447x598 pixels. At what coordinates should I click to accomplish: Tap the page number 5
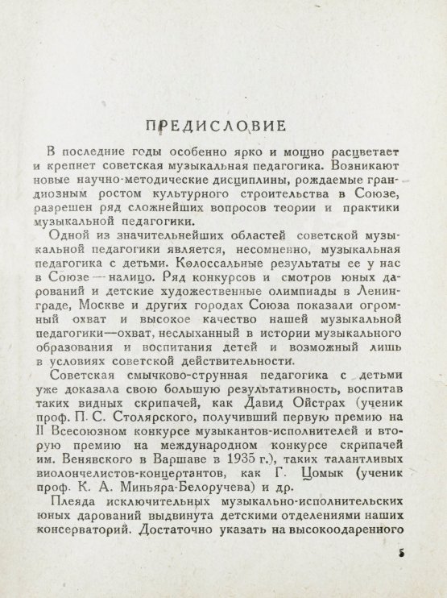click(x=400, y=555)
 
